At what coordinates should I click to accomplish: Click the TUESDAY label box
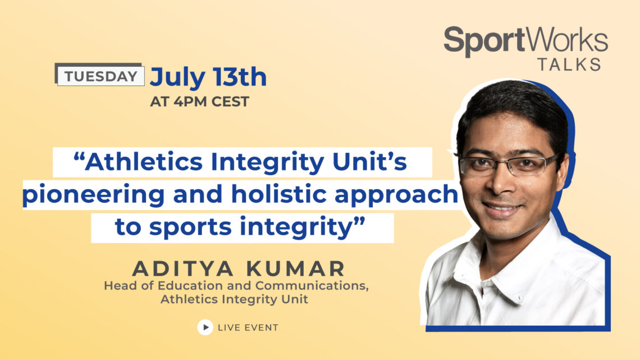pyautogui.click(x=100, y=76)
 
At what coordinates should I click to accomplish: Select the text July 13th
pyautogui.click(x=208, y=77)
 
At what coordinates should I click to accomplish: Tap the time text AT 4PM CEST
pyautogui.click(x=200, y=102)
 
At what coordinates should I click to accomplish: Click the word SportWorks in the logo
pyautogui.click(x=525, y=41)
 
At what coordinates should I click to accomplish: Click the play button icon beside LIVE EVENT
pyautogui.click(x=205, y=327)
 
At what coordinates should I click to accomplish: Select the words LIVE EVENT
pyautogui.click(x=248, y=327)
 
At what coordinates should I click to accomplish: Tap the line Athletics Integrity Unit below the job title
pyautogui.click(x=234, y=299)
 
